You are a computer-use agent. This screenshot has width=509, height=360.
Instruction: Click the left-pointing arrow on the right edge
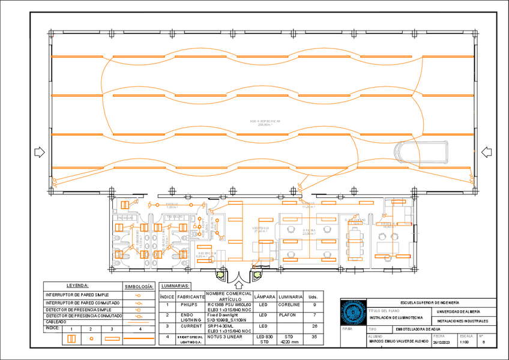(486, 152)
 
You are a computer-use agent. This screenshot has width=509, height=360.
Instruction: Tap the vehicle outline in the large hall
(421, 152)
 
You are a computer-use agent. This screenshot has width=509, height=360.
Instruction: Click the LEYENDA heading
(77, 286)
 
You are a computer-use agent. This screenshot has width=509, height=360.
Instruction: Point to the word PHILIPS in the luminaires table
(188, 305)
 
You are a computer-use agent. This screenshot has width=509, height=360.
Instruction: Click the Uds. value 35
(313, 338)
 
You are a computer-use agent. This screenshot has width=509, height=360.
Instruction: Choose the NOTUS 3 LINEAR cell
(224, 337)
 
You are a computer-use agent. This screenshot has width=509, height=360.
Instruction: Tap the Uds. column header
(313, 297)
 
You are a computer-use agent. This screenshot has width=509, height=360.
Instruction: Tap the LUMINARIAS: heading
(176, 286)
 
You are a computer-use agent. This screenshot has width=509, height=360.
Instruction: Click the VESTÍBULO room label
(260, 228)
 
